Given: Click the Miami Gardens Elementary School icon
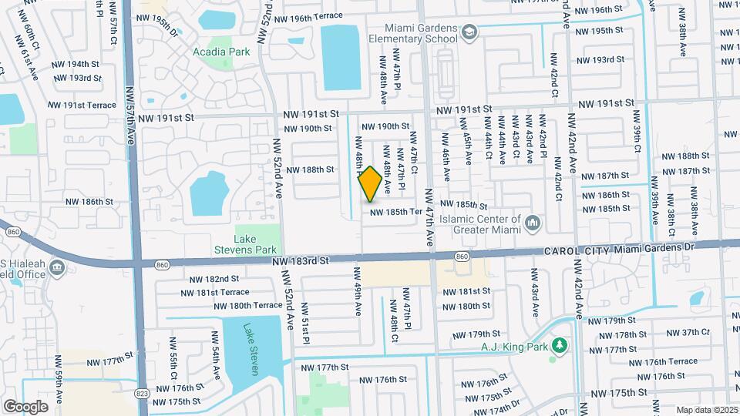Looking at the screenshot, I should (470, 32).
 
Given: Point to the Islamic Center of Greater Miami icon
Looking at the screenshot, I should (532, 223).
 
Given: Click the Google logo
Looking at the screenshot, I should (25, 406).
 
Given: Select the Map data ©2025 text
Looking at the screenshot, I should (705, 410).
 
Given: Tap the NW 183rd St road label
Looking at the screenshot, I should (301, 261).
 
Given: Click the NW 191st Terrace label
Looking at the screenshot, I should (81, 105).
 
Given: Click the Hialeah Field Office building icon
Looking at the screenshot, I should (56, 267).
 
